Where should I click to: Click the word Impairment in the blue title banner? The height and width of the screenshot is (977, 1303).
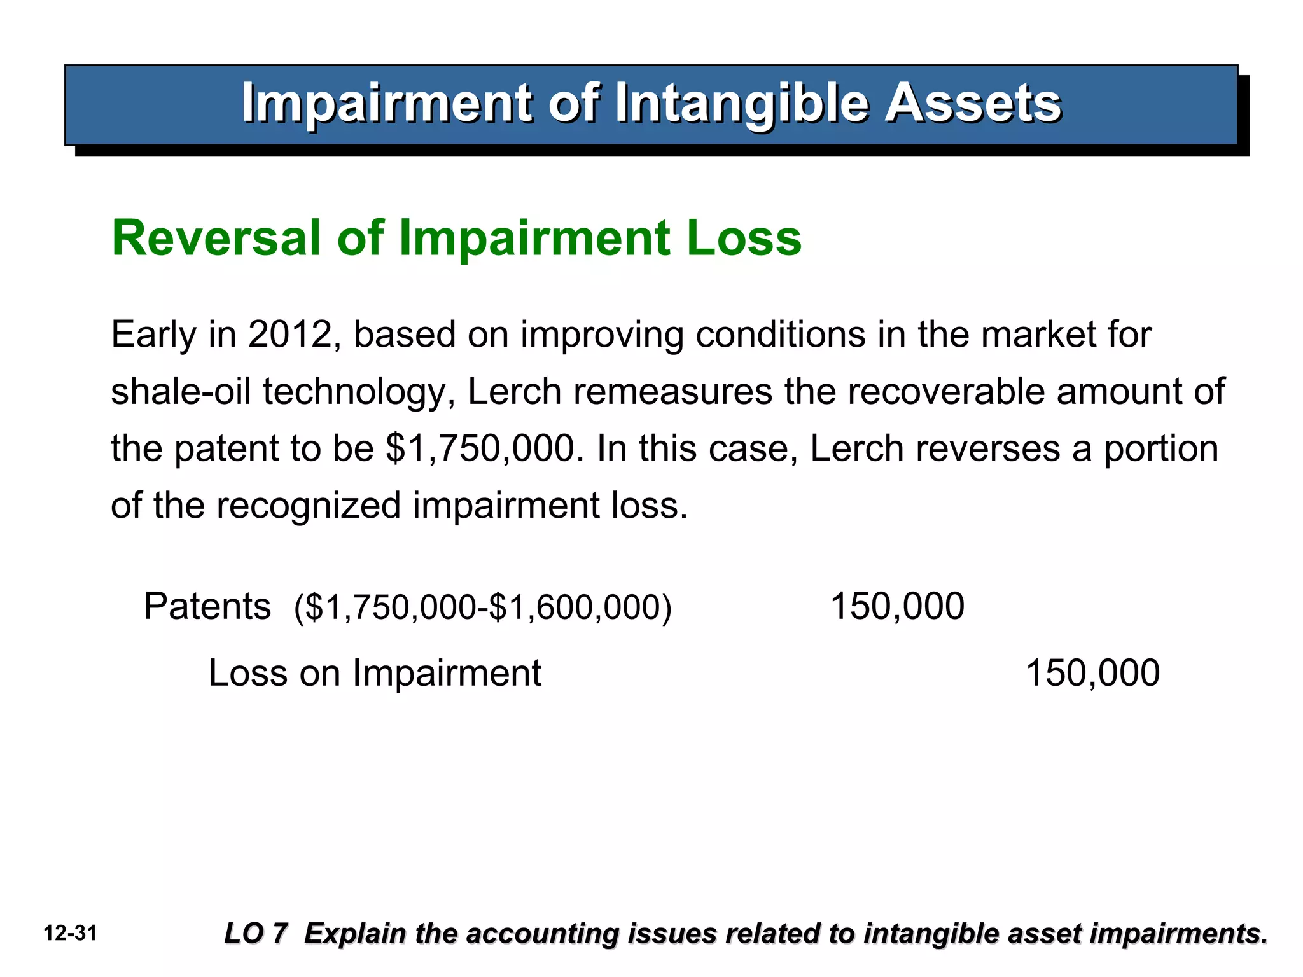386,103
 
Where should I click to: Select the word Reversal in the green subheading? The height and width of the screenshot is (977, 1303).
216,238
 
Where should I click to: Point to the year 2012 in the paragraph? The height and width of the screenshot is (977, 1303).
290,335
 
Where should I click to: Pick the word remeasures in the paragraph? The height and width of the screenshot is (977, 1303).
672,392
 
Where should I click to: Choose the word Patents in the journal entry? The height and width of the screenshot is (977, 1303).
207,606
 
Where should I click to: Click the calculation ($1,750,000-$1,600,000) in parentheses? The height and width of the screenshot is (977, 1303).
483,607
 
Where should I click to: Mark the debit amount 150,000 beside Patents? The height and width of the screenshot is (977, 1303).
897,606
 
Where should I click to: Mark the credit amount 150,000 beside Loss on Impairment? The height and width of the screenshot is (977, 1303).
1092,673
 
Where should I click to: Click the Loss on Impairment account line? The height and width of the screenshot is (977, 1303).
375,673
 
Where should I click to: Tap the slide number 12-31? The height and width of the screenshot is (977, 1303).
70,934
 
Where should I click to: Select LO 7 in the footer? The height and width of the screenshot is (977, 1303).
256,934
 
